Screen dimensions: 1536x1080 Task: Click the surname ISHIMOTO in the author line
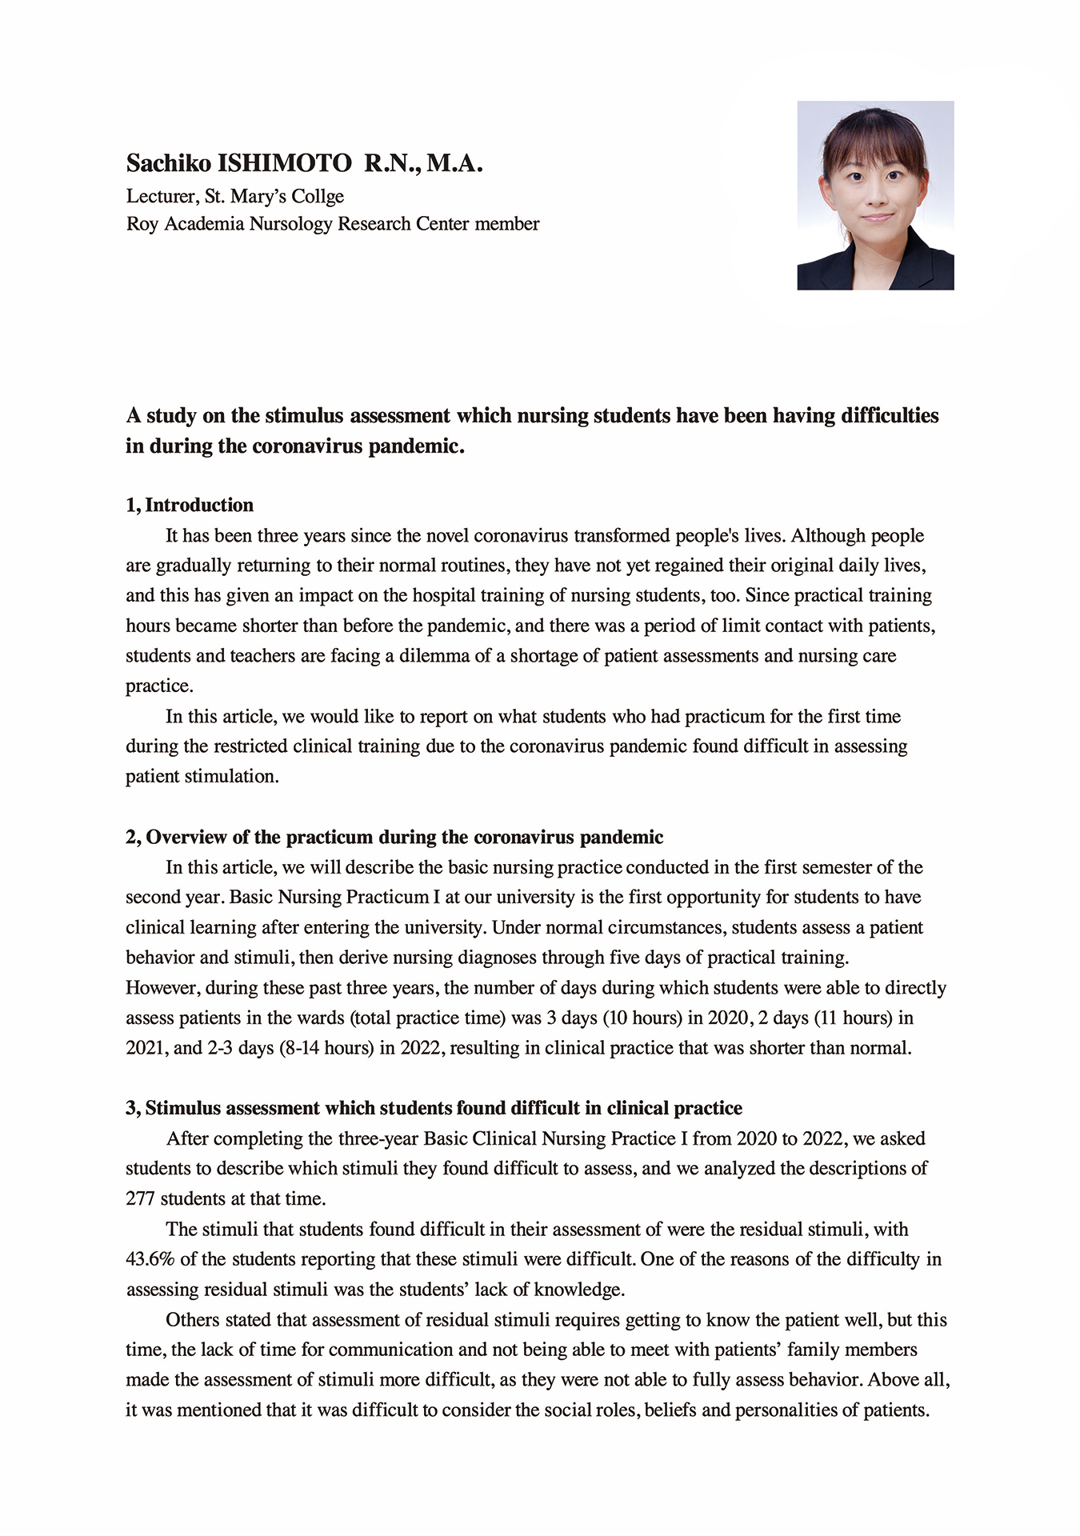285,164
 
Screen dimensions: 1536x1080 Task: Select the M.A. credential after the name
454,164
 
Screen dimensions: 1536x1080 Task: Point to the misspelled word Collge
318,197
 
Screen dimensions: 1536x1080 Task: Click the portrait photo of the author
875,194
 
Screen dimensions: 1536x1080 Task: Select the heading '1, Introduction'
190,506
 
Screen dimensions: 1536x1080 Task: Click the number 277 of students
140,1199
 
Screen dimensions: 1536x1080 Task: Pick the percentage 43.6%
150,1259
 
